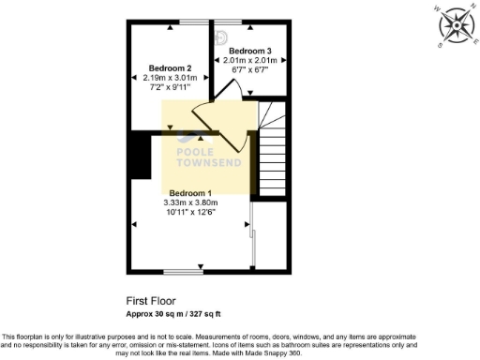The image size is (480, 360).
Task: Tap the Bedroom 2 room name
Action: [171, 68]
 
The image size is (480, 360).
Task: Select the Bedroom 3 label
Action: [250, 51]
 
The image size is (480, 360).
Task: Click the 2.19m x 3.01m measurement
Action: [171, 79]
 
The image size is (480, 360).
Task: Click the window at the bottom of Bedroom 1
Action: [179, 273]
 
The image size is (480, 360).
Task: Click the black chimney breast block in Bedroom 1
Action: [142, 155]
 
